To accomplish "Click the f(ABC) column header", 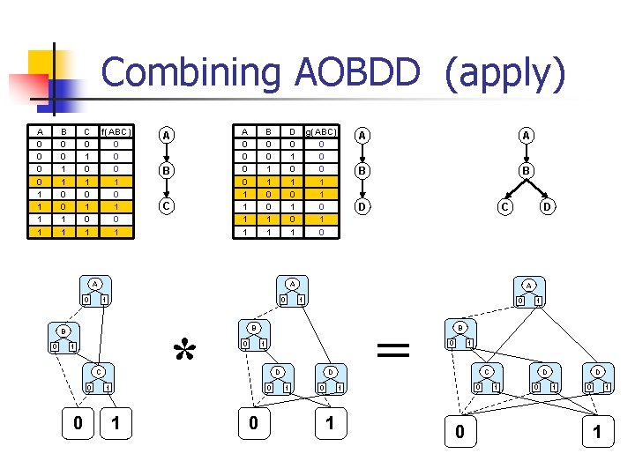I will point(116,132).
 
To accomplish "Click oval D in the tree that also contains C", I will point(547,208).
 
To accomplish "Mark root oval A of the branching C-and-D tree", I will point(527,135).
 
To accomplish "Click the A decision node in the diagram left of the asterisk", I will point(93,284).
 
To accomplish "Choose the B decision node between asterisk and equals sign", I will point(253,328).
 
